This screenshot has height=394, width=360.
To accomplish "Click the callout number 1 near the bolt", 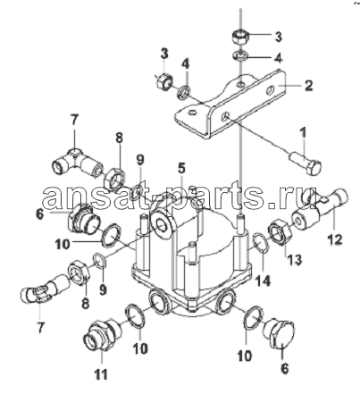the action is pos(303,133).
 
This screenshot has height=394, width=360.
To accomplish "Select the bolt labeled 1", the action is pos(305,163).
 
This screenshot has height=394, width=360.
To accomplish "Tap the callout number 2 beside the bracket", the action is pos(308,86).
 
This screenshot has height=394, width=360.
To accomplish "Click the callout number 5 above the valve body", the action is pos(181,168).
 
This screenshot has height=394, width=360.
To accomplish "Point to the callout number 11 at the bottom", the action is pos(101,373).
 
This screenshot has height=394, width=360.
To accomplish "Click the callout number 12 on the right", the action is pos(335,239).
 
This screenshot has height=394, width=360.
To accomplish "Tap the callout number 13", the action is pos(295,259).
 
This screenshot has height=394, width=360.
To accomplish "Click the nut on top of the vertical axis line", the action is pos(239,38).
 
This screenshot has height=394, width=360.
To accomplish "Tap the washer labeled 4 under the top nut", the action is pos(240,55).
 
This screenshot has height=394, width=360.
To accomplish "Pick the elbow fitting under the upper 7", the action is pos(77,163).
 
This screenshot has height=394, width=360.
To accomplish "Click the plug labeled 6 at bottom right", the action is pos(279,333).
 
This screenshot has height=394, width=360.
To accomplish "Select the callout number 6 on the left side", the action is pos(40,214).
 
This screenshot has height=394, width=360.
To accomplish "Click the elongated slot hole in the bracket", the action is pos(269,90).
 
